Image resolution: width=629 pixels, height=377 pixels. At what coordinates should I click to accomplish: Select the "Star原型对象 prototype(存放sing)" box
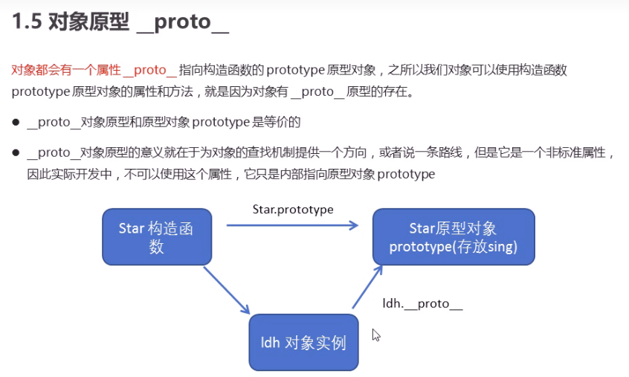pos(453,237)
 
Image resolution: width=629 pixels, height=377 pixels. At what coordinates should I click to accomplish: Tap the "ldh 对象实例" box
pos(303,343)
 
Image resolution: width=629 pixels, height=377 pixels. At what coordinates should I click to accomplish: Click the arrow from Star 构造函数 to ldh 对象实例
pos(227,291)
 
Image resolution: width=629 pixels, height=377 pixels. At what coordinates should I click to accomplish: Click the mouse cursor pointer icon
pos(376,335)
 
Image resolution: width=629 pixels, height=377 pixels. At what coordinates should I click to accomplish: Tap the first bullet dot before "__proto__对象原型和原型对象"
pos(16,122)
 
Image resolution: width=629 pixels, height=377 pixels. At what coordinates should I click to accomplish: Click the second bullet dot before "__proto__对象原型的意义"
pos(16,154)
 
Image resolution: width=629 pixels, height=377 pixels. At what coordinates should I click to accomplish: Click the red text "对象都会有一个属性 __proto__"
pos(94,71)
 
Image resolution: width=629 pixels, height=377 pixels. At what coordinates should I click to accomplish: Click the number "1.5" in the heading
pos(26,22)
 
